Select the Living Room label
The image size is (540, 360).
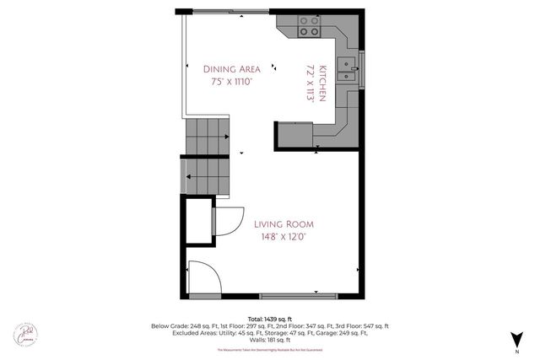pos(283,223)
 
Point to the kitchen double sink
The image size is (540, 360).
pos(347,69)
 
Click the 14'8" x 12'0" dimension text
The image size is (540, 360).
pos(283,237)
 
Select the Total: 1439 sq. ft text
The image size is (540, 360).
pos(270,318)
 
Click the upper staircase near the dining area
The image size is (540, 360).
pos(208,131)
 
